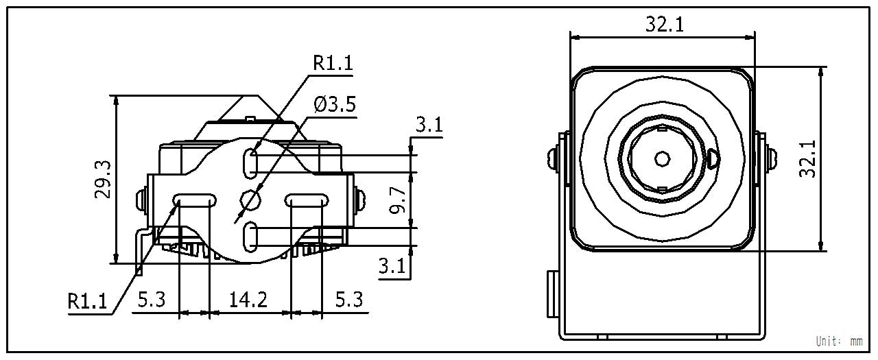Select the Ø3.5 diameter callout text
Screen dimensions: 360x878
pyautogui.click(x=335, y=105)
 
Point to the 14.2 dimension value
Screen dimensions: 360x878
pyautogui.click(x=248, y=300)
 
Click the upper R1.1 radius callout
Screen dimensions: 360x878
pyautogui.click(x=333, y=62)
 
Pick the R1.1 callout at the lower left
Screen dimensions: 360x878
pyautogui.click(x=88, y=301)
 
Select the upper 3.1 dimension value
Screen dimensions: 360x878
pyautogui.click(x=429, y=125)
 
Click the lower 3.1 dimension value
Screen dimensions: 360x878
pyautogui.click(x=393, y=266)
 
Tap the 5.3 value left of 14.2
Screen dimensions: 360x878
pyautogui.click(x=151, y=300)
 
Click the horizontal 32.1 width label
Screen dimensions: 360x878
pyautogui.click(x=664, y=25)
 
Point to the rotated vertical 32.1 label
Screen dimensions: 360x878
pyautogui.click(x=809, y=159)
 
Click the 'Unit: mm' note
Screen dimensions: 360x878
pyautogui.click(x=839, y=341)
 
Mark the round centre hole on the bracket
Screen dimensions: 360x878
pyautogui.click(x=250, y=200)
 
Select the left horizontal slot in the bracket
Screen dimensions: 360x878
pyautogui.click(x=195, y=200)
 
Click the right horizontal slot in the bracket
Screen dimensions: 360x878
pyautogui.click(x=305, y=200)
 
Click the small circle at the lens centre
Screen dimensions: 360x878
pyautogui.click(x=662, y=159)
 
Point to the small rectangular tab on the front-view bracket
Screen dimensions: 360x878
pyautogui.click(x=551, y=294)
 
